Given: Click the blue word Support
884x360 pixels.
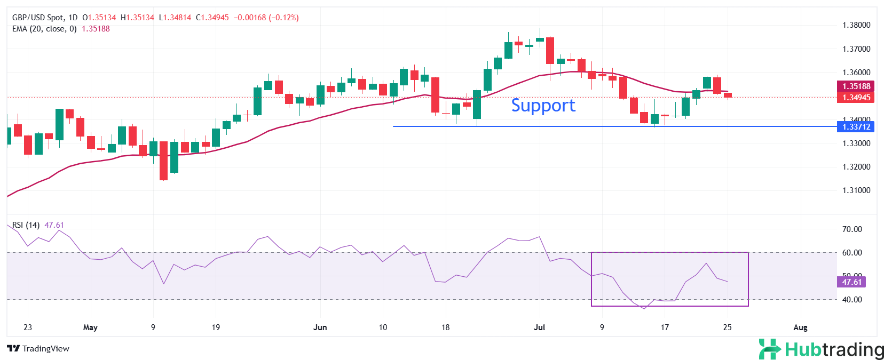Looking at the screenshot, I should point(543,106).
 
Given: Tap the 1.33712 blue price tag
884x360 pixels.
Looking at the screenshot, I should point(856,127).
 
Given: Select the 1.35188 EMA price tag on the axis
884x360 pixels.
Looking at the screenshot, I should point(856,86).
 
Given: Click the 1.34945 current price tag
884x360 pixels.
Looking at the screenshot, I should point(856,98).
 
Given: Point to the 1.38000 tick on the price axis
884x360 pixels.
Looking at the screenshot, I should point(856,25).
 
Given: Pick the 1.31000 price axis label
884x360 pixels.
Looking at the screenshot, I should point(856,190).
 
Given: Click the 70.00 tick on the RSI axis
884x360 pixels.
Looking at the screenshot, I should point(852,229).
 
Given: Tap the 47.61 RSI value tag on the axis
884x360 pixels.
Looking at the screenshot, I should point(851,282).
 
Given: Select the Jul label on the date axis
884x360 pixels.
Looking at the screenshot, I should point(539,327).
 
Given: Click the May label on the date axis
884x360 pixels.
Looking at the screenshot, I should point(90,327).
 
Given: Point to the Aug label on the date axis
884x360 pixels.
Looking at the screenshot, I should point(800,327).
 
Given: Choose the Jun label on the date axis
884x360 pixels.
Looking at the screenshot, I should point(320,327).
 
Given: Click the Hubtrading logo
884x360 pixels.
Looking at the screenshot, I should point(821,349).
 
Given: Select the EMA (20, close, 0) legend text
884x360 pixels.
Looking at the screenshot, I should point(44,29).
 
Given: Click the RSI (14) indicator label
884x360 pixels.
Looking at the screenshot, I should point(26,225).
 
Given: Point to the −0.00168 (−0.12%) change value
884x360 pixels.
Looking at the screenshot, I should point(266,18).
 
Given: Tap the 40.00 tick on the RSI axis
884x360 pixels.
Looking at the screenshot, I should point(852,300).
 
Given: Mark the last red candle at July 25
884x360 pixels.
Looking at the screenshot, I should point(728,95).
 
